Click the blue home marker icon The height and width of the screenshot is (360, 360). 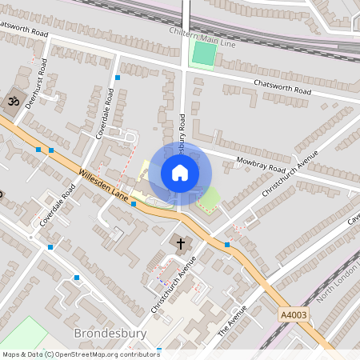point(180,172)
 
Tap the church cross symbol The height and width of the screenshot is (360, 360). point(180,242)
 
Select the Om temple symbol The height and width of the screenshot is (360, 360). point(12,101)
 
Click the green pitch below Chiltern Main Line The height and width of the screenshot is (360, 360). point(204,54)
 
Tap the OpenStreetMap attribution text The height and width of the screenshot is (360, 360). point(80,354)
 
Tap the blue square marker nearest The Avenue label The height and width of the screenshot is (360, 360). point(227,244)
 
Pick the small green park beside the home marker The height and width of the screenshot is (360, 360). point(209,198)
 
